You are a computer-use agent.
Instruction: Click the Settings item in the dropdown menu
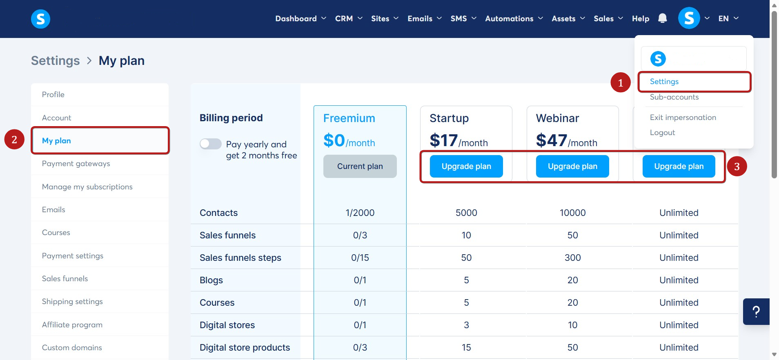click(664, 82)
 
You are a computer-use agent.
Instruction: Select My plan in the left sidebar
click(57, 141)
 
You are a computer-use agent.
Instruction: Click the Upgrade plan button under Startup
click(466, 167)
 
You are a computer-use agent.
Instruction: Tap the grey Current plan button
click(360, 167)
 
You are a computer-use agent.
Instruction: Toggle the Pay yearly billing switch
click(211, 144)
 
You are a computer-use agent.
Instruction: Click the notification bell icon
click(662, 18)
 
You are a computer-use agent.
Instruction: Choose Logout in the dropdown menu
click(662, 133)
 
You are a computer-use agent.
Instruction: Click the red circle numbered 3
click(737, 167)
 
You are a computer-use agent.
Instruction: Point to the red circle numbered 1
click(620, 83)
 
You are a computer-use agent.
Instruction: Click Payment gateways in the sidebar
click(76, 164)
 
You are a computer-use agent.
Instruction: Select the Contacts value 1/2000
click(360, 213)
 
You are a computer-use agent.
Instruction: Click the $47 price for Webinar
click(552, 141)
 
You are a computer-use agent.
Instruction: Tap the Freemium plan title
click(349, 118)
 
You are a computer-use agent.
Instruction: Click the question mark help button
click(756, 312)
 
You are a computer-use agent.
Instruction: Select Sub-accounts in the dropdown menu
click(674, 97)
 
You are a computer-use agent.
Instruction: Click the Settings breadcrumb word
click(56, 61)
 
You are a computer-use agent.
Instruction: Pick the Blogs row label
click(211, 280)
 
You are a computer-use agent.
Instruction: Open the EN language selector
click(728, 19)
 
